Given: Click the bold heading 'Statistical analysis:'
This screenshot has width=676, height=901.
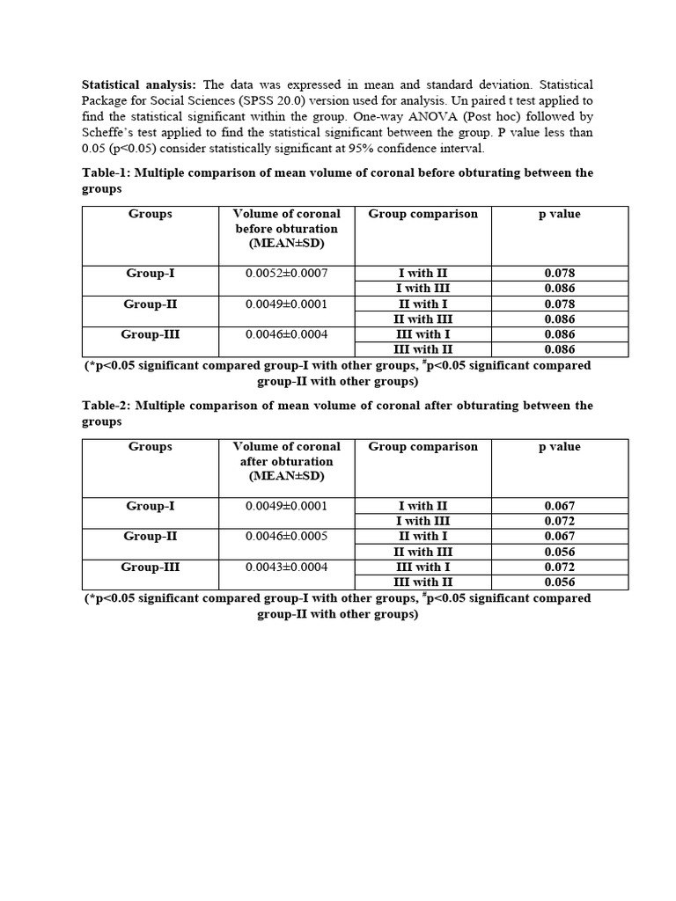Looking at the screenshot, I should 139,85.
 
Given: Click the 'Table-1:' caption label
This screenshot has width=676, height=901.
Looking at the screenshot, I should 107,173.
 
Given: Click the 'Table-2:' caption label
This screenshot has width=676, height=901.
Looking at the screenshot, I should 107,406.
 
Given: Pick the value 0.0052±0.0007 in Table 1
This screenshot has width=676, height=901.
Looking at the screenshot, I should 286,274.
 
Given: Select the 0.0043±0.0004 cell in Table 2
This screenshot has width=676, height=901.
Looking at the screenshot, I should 286,568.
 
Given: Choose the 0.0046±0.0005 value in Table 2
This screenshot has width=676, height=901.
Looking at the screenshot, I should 286,536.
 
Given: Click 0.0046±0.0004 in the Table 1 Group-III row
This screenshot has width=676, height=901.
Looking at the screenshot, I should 286,334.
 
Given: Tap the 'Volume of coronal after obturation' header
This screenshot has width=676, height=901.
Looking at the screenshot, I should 286,461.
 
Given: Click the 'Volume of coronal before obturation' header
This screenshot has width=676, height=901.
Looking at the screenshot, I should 286,228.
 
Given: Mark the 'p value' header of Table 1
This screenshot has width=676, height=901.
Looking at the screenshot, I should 559,214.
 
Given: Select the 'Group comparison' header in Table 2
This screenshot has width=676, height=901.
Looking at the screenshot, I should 422,447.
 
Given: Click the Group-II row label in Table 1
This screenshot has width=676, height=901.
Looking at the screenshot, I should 151,304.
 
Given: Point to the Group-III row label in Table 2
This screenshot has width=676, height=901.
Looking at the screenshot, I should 151,568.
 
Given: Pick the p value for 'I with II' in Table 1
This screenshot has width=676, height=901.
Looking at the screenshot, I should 559,274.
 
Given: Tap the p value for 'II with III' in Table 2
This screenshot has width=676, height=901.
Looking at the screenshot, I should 559,552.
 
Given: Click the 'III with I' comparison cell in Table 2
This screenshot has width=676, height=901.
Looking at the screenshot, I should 422,568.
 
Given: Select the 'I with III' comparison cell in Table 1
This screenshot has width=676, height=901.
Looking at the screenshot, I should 422,289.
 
